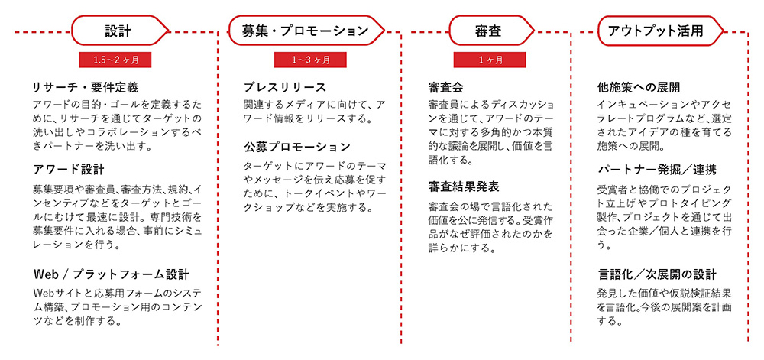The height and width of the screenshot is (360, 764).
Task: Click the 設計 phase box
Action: [120, 31]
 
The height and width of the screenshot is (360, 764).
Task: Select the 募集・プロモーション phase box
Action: [306, 31]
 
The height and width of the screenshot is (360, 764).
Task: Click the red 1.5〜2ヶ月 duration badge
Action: [115, 60]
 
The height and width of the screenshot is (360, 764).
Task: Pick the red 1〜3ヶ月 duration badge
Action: [310, 60]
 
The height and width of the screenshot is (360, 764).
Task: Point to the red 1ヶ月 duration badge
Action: [490, 60]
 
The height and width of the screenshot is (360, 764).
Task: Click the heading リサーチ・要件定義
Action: [86, 88]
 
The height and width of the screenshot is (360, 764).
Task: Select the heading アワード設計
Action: [69, 169]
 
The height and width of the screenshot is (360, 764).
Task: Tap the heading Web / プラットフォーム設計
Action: [111, 274]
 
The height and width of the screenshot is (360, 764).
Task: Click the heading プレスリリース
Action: [285, 88]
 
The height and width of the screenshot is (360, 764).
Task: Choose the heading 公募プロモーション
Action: [297, 147]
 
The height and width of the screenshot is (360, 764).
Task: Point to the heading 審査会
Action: [446, 88]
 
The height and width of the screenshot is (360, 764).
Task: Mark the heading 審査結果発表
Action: [464, 186]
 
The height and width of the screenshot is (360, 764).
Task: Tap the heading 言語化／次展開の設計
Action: [656, 274]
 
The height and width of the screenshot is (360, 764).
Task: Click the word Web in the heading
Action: [46, 274]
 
